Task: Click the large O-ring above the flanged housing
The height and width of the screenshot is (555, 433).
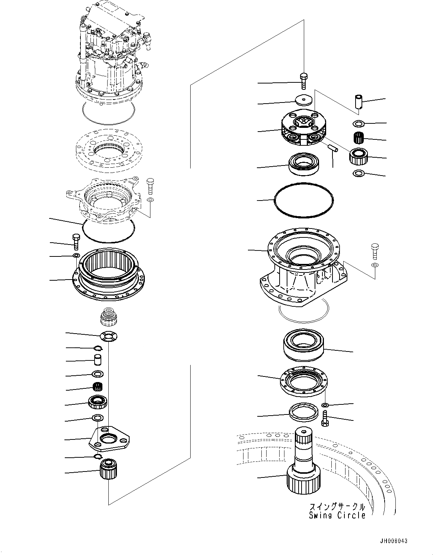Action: point(303,200)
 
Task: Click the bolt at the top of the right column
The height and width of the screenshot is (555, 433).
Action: point(303,81)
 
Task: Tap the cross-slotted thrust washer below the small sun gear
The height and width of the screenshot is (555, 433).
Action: point(108,337)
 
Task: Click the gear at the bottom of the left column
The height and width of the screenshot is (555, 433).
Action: point(108,469)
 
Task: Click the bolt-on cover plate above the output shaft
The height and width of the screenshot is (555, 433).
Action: point(303,382)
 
